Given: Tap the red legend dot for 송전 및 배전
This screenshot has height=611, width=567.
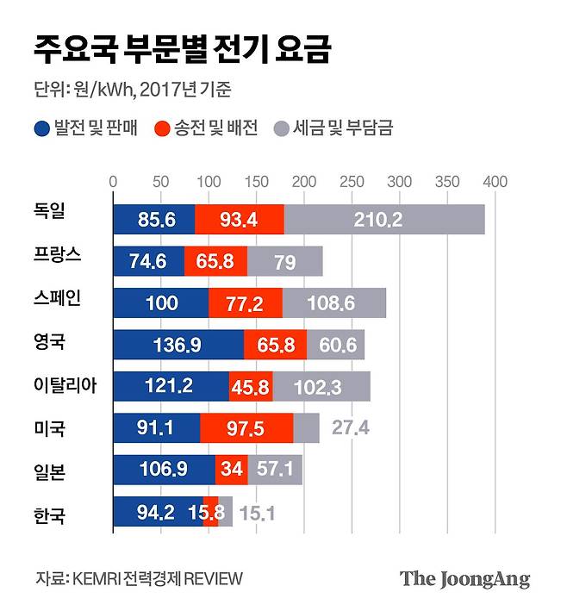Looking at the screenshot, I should pyautogui.click(x=161, y=129).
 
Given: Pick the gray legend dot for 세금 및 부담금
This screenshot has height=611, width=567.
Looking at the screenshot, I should pyautogui.click(x=280, y=129).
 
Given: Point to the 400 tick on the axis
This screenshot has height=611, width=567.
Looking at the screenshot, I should pyautogui.click(x=495, y=182).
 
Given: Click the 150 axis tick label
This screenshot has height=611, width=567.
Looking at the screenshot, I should pyautogui.click(x=256, y=182).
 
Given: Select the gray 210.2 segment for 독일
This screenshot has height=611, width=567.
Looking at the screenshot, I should pyautogui.click(x=383, y=220).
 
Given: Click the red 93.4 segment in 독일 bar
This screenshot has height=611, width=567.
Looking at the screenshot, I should pyautogui.click(x=239, y=220).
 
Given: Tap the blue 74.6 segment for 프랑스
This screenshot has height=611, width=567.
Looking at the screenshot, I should pyautogui.click(x=148, y=261).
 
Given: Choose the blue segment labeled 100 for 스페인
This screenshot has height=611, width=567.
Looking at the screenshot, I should pyautogui.click(x=160, y=303).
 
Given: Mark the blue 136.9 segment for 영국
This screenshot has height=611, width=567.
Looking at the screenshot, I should pyautogui.click(x=178, y=345).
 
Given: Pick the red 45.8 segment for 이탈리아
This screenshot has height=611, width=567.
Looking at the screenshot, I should pyautogui.click(x=251, y=387).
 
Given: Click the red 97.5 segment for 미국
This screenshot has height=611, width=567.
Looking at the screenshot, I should pyautogui.click(x=246, y=428).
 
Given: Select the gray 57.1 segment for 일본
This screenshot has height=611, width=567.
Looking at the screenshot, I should pyautogui.click(x=275, y=471).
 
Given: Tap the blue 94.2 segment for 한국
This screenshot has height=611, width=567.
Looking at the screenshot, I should pyautogui.click(x=156, y=513).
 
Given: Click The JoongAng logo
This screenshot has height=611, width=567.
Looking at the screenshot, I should pyautogui.click(x=464, y=578).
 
